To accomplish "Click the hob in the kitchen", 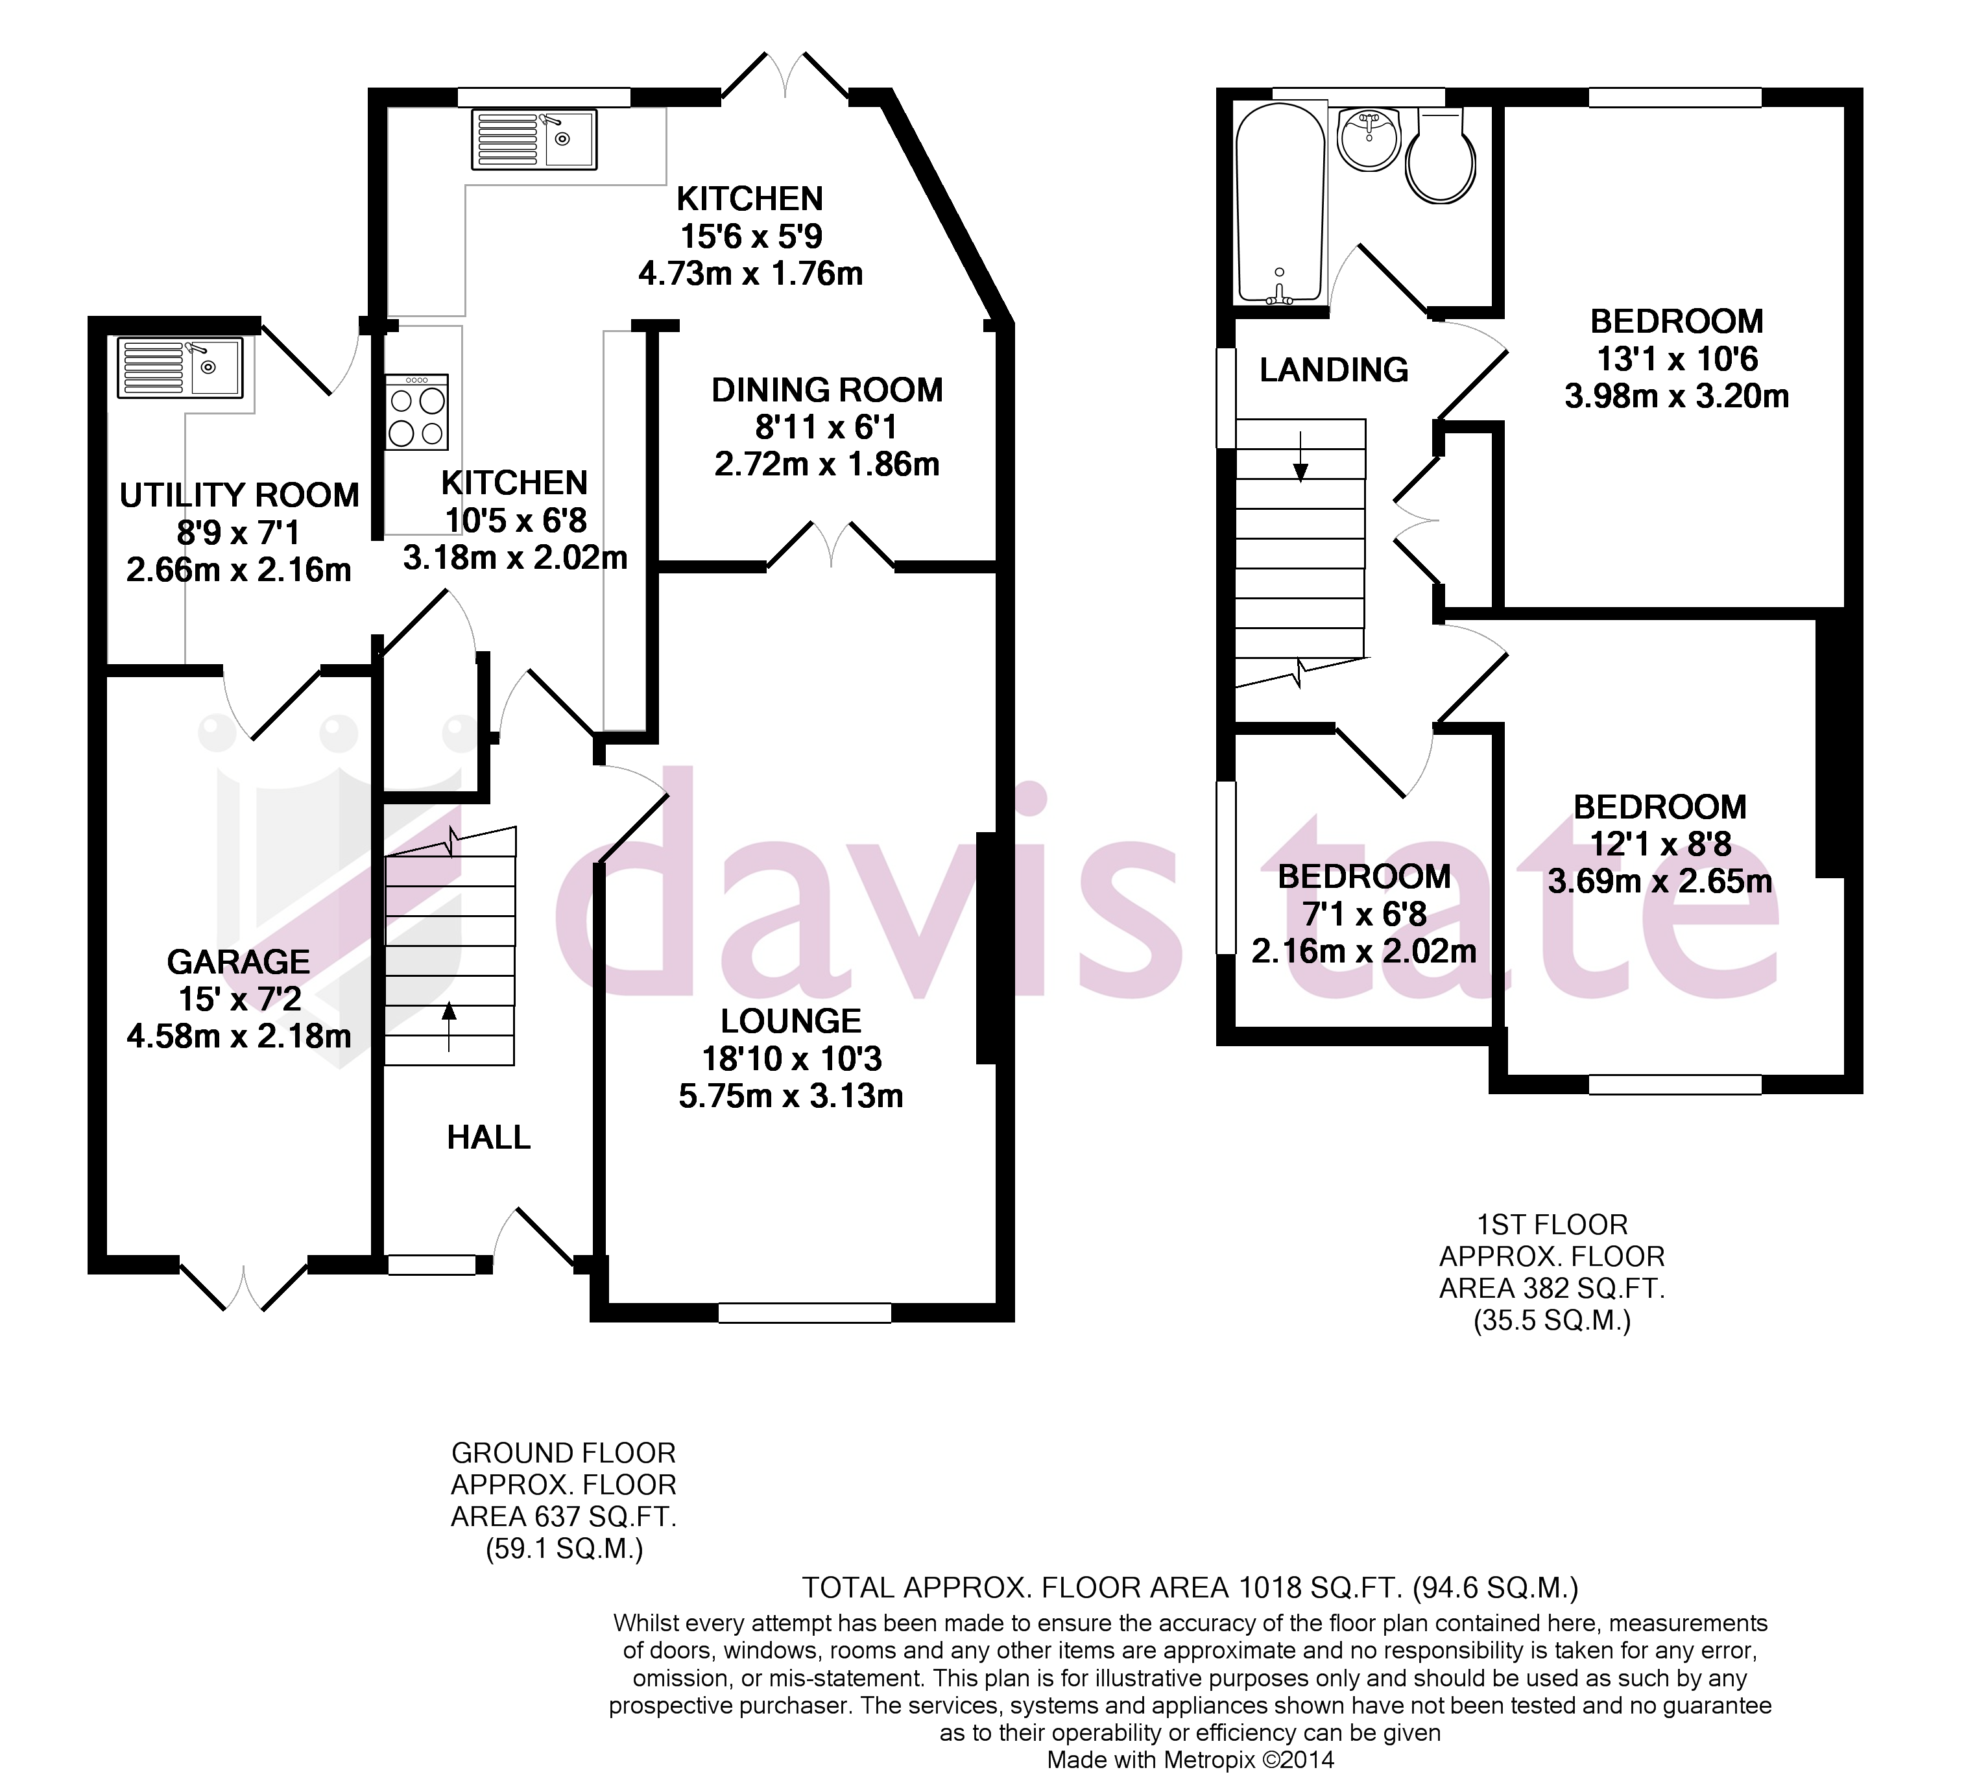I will pyautogui.click(x=416, y=413).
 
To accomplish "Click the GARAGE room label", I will pyautogui.click(x=238, y=962).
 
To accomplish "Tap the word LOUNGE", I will pyautogui.click(x=791, y=1022).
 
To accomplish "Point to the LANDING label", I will pyautogui.click(x=1334, y=370).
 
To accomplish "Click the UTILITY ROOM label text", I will pyautogui.click(x=239, y=496).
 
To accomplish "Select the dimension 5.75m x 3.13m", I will pyautogui.click(x=791, y=1096).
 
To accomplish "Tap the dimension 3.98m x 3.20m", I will pyautogui.click(x=1676, y=397).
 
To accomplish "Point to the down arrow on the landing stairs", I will pyautogui.click(x=1300, y=457).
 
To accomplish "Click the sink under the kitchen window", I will pyautogui.click(x=534, y=138).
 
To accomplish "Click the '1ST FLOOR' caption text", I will pyautogui.click(x=1552, y=1225).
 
